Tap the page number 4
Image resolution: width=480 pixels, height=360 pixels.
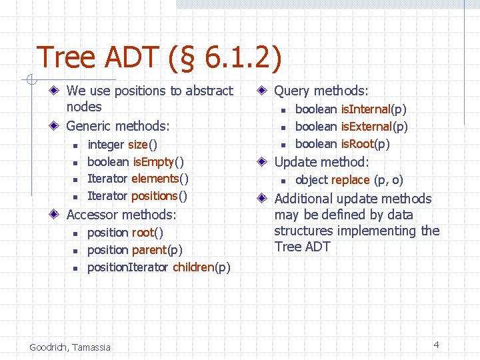pyautogui.click(x=436, y=345)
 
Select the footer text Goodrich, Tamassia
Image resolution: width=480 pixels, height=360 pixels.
pyautogui.click(x=70, y=347)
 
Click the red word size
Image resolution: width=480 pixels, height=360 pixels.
pyautogui.click(x=137, y=145)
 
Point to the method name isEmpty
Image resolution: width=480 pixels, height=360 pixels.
pyautogui.click(x=153, y=162)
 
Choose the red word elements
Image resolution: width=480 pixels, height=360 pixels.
pyautogui.click(x=155, y=179)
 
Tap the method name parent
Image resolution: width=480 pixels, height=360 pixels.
pyautogui.click(x=149, y=250)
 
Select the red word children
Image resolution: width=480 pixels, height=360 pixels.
pyautogui.click(x=193, y=267)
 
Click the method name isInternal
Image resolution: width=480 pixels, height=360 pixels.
pyautogui.click(x=365, y=109)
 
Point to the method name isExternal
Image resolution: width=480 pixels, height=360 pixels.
pyautogui.click(x=366, y=127)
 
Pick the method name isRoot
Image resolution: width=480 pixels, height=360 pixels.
pyautogui.click(x=357, y=144)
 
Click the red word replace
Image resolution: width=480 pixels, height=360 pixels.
pyautogui.click(x=350, y=180)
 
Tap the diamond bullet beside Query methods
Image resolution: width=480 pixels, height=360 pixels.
pyautogui.click(x=263, y=91)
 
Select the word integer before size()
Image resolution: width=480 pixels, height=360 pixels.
pyautogui.click(x=105, y=145)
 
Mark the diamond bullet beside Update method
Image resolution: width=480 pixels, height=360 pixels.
pyautogui.click(x=263, y=162)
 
